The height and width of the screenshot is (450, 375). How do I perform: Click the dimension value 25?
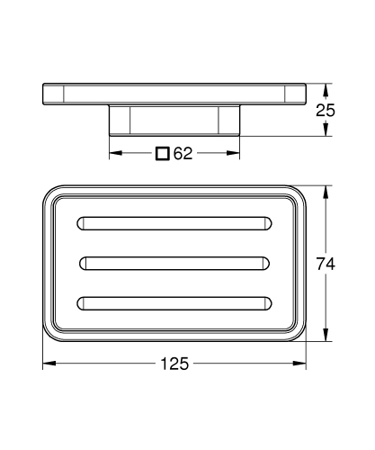click(326, 111)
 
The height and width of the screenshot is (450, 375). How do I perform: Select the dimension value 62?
click(183, 153)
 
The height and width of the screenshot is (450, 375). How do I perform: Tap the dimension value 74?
click(326, 264)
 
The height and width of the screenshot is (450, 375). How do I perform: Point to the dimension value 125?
click(174, 364)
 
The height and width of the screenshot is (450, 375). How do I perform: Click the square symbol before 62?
click(163, 153)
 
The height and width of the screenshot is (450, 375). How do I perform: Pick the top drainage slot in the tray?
click(174, 223)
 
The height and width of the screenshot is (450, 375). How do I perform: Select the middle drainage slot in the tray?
click(174, 264)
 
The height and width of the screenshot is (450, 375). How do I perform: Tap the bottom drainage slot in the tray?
click(174, 303)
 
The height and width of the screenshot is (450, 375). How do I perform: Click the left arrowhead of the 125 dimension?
click(49, 364)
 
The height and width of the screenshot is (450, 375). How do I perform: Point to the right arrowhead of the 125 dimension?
click(299, 364)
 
